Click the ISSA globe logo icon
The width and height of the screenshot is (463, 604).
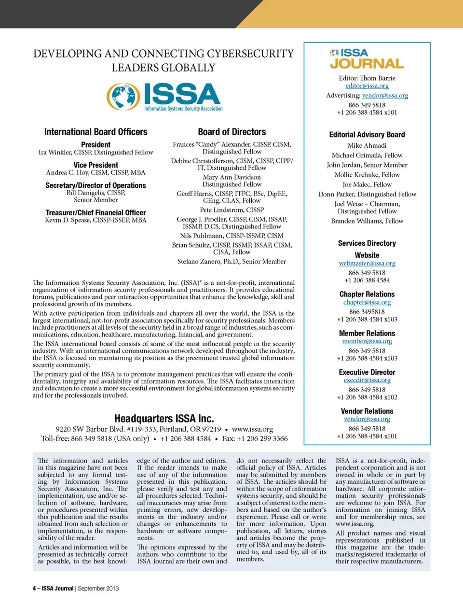(123, 96)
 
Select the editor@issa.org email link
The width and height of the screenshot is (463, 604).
(367, 86)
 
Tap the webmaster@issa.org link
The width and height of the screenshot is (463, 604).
(367, 264)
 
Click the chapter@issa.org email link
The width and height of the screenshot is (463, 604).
(367, 302)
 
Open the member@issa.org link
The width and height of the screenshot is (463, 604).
(367, 341)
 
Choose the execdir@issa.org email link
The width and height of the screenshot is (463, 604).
(367, 380)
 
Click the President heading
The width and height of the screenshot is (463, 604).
(95, 145)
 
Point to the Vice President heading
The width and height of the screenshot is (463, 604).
(95, 165)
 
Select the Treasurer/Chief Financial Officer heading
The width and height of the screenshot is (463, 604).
(95, 212)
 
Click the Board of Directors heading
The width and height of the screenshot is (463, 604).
(232, 132)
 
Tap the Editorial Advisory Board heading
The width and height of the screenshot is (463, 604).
(367, 135)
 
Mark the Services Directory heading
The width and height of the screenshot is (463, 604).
(367, 243)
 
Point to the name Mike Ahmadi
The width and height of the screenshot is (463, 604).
(367, 145)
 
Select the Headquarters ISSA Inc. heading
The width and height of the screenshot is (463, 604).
(164, 419)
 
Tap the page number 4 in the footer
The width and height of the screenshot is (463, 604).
(34, 589)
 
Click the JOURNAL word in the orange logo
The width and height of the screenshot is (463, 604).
(367, 64)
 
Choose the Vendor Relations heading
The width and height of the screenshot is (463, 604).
(367, 411)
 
